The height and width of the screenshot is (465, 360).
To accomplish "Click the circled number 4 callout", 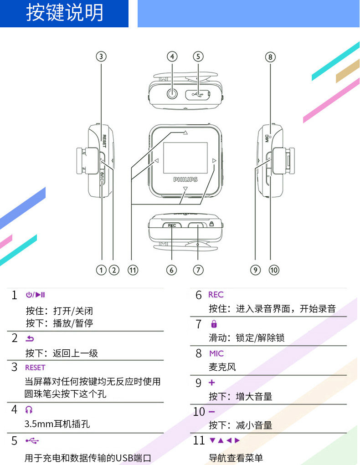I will click(x=172, y=56).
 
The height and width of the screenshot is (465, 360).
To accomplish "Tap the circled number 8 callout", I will click(x=270, y=57).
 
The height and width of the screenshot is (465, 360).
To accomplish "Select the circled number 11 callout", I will click(x=132, y=270).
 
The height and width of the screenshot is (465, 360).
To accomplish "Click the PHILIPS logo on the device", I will click(x=185, y=180).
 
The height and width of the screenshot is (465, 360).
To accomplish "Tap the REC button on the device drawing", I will click(x=172, y=225).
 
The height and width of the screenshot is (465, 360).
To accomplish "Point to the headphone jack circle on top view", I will click(x=172, y=94).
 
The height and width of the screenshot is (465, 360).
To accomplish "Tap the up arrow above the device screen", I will click(x=185, y=133).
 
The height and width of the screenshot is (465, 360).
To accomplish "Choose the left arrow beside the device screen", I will click(x=156, y=161).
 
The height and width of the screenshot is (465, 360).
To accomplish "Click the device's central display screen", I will click(x=185, y=158).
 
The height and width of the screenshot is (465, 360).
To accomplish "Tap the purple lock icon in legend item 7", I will click(x=214, y=324).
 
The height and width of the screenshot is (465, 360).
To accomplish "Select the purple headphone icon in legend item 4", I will click(x=29, y=409).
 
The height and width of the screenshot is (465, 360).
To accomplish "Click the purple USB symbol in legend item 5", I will click(x=32, y=440).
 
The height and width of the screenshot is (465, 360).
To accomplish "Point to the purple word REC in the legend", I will click(x=216, y=295).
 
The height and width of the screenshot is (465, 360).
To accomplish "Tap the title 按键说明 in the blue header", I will click(x=64, y=13).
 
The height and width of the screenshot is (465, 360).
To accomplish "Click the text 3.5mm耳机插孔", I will click(x=57, y=424).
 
